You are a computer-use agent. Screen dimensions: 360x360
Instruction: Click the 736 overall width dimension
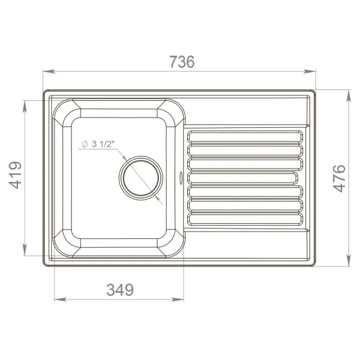[182, 62]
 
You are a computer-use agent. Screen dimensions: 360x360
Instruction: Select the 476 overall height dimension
[339, 178]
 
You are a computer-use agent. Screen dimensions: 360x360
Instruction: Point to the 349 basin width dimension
[120, 290]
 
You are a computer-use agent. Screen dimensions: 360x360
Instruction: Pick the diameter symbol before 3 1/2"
[84, 143]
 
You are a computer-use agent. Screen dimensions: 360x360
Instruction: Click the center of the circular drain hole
[141, 178]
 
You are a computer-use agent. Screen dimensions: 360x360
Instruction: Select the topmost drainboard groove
[245, 136]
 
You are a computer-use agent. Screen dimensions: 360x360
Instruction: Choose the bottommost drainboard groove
[245, 220]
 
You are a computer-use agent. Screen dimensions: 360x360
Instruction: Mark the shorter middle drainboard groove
[242, 178]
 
